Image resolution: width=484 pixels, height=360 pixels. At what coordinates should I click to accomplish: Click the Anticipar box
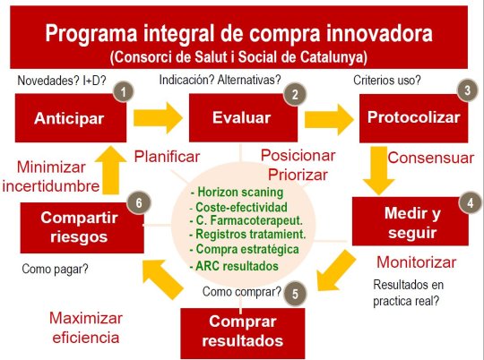click(x=71, y=118)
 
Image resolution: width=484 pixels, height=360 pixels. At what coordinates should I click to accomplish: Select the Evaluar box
click(x=243, y=118)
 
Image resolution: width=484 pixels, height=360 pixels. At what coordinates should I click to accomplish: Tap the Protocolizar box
click(x=413, y=118)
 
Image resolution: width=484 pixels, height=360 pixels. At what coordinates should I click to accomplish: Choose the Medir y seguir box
click(x=411, y=221)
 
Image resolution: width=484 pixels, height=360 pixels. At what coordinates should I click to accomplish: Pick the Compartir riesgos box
click(x=82, y=227)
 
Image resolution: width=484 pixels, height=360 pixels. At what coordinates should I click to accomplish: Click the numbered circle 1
click(x=123, y=92)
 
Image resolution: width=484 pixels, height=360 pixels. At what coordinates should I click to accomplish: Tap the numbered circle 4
click(x=471, y=202)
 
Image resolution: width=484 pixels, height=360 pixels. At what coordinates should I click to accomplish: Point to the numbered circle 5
click(x=295, y=293)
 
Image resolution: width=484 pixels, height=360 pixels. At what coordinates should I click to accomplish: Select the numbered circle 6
click(x=139, y=202)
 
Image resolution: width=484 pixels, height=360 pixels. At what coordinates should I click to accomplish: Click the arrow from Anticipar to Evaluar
click(x=158, y=118)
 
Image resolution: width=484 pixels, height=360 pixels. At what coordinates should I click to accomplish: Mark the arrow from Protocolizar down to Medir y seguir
click(x=379, y=170)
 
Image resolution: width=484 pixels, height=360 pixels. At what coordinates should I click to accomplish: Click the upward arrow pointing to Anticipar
click(x=110, y=170)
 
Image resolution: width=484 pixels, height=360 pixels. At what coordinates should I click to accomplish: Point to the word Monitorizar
click(x=417, y=262)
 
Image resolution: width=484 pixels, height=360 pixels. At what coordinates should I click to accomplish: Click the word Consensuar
click(x=430, y=158)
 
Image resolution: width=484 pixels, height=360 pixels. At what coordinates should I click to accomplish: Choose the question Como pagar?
click(x=55, y=269)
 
